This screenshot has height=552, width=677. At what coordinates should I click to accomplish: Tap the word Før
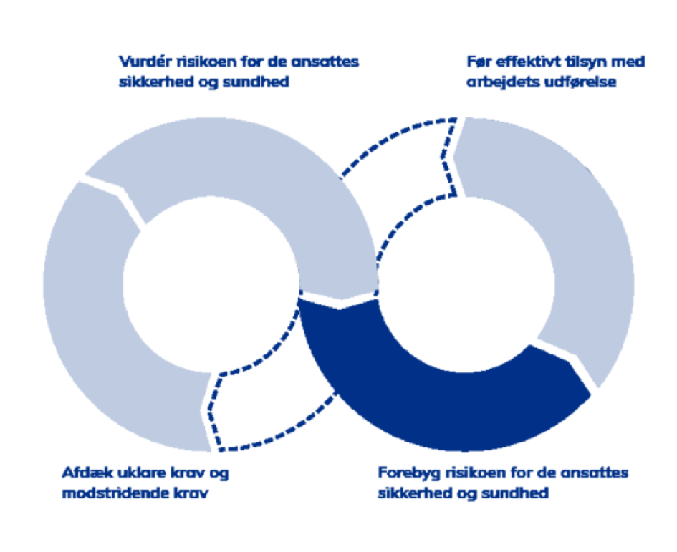click(x=479, y=62)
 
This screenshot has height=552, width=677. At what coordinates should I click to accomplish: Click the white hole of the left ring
click(x=211, y=285)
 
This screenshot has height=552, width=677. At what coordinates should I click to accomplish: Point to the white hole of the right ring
click(x=466, y=285)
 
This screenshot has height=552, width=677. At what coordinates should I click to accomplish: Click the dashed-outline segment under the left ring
click(x=268, y=402)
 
